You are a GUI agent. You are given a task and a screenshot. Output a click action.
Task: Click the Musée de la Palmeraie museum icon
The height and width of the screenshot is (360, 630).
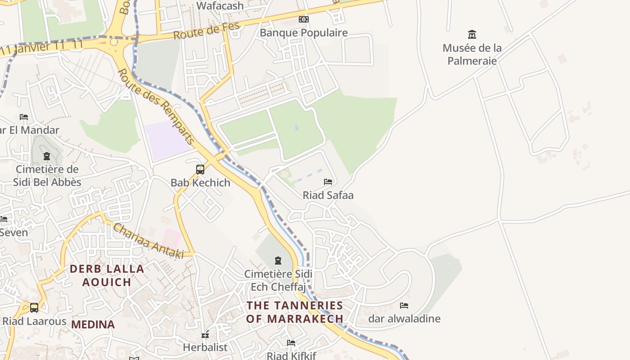click(472, 34)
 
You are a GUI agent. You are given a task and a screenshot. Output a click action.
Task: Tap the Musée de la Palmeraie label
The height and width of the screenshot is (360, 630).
click(472, 54)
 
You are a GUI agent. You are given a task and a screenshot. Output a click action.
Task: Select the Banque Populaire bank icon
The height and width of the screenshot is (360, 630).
click(304, 19)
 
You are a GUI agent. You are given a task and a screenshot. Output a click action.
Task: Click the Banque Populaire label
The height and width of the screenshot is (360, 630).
click(304, 33)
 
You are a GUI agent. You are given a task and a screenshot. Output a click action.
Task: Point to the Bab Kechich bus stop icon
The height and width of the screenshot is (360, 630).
click(200, 170)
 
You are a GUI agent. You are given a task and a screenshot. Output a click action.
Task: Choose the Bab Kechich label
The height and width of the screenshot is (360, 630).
click(200, 183)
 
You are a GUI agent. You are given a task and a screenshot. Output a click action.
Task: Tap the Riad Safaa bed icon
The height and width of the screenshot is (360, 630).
click(328, 182)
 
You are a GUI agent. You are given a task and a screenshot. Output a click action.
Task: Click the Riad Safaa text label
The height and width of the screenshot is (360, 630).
click(328, 195)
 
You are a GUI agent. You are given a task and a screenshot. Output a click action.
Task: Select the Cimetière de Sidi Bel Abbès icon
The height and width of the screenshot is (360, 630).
click(47, 157)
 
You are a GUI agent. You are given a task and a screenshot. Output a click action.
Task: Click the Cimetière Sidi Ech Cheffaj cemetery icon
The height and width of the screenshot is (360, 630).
click(278, 261)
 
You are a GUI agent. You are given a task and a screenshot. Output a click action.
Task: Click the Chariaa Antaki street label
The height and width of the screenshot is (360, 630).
click(148, 241)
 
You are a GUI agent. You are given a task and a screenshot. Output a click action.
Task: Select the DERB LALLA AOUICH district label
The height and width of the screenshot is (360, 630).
click(107, 275)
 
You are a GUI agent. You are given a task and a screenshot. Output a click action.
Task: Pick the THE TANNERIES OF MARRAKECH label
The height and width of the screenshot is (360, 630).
click(295, 312)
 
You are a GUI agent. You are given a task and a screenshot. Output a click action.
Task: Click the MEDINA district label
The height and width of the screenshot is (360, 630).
click(93, 324)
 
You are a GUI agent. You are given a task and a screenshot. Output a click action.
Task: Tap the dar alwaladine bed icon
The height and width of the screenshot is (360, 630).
click(404, 306)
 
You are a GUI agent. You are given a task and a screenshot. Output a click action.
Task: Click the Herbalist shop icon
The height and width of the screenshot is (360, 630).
click(205, 334)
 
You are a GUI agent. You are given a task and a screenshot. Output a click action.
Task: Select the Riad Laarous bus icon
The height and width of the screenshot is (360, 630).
click(34, 308)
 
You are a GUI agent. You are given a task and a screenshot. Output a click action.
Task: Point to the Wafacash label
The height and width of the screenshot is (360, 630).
click(220, 6)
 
